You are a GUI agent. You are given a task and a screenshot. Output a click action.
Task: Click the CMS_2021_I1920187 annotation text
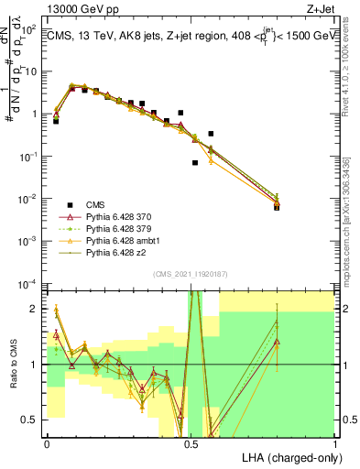[x=191, y=274]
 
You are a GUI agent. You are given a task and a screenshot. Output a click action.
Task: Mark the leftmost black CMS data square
[x=56, y=120]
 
